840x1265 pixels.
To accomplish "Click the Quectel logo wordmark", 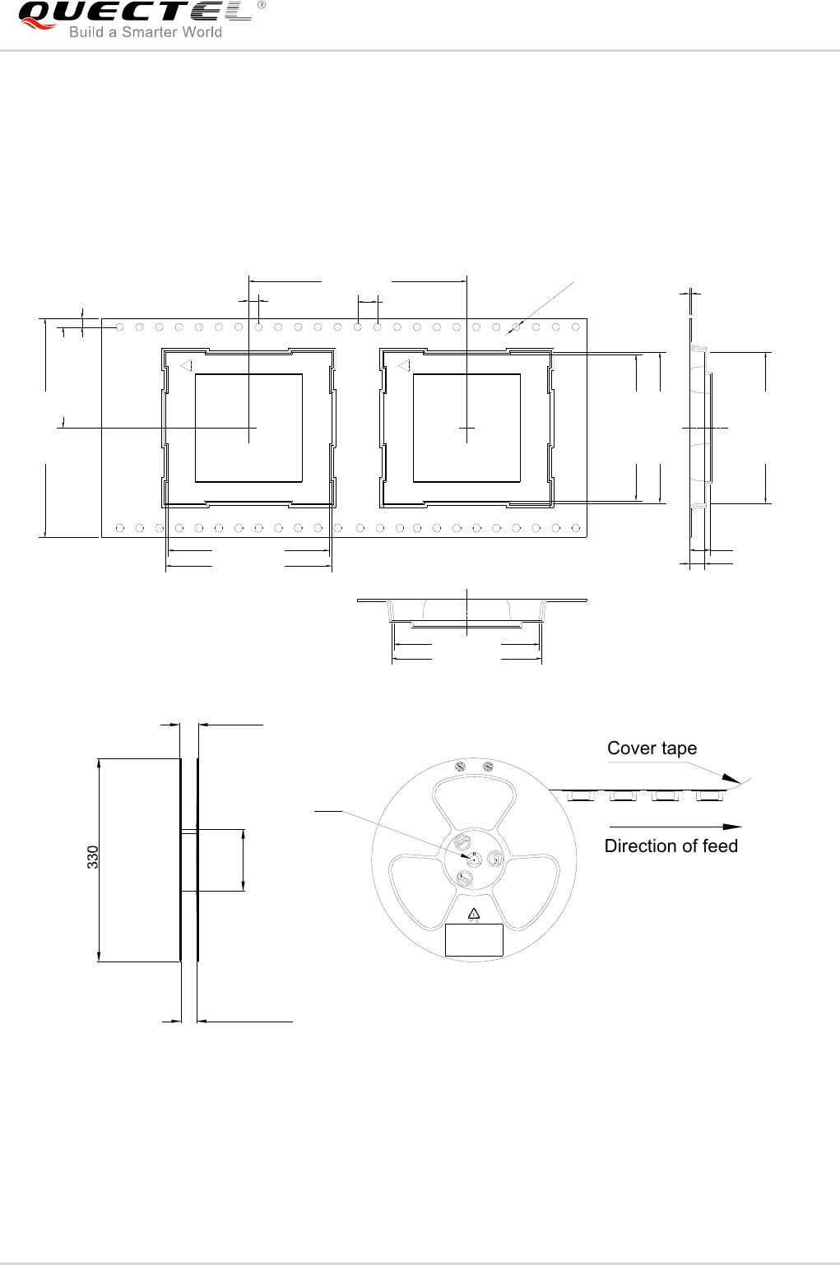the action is (x=132, y=13).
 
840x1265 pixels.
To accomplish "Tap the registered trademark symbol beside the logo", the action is (x=262, y=6).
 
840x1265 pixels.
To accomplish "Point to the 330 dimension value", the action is (x=93, y=857).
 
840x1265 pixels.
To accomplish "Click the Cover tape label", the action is (x=652, y=748).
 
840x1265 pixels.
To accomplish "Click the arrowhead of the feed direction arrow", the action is (x=732, y=827).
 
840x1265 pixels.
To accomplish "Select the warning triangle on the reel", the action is (x=473, y=913).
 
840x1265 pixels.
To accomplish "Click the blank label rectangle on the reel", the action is (x=473, y=939).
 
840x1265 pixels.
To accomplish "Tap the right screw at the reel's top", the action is (x=488, y=767).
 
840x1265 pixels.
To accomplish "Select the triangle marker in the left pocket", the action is (x=186, y=365).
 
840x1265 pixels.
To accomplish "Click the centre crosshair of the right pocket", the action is (x=466, y=428).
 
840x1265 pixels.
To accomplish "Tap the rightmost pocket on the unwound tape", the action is (x=708, y=795).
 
